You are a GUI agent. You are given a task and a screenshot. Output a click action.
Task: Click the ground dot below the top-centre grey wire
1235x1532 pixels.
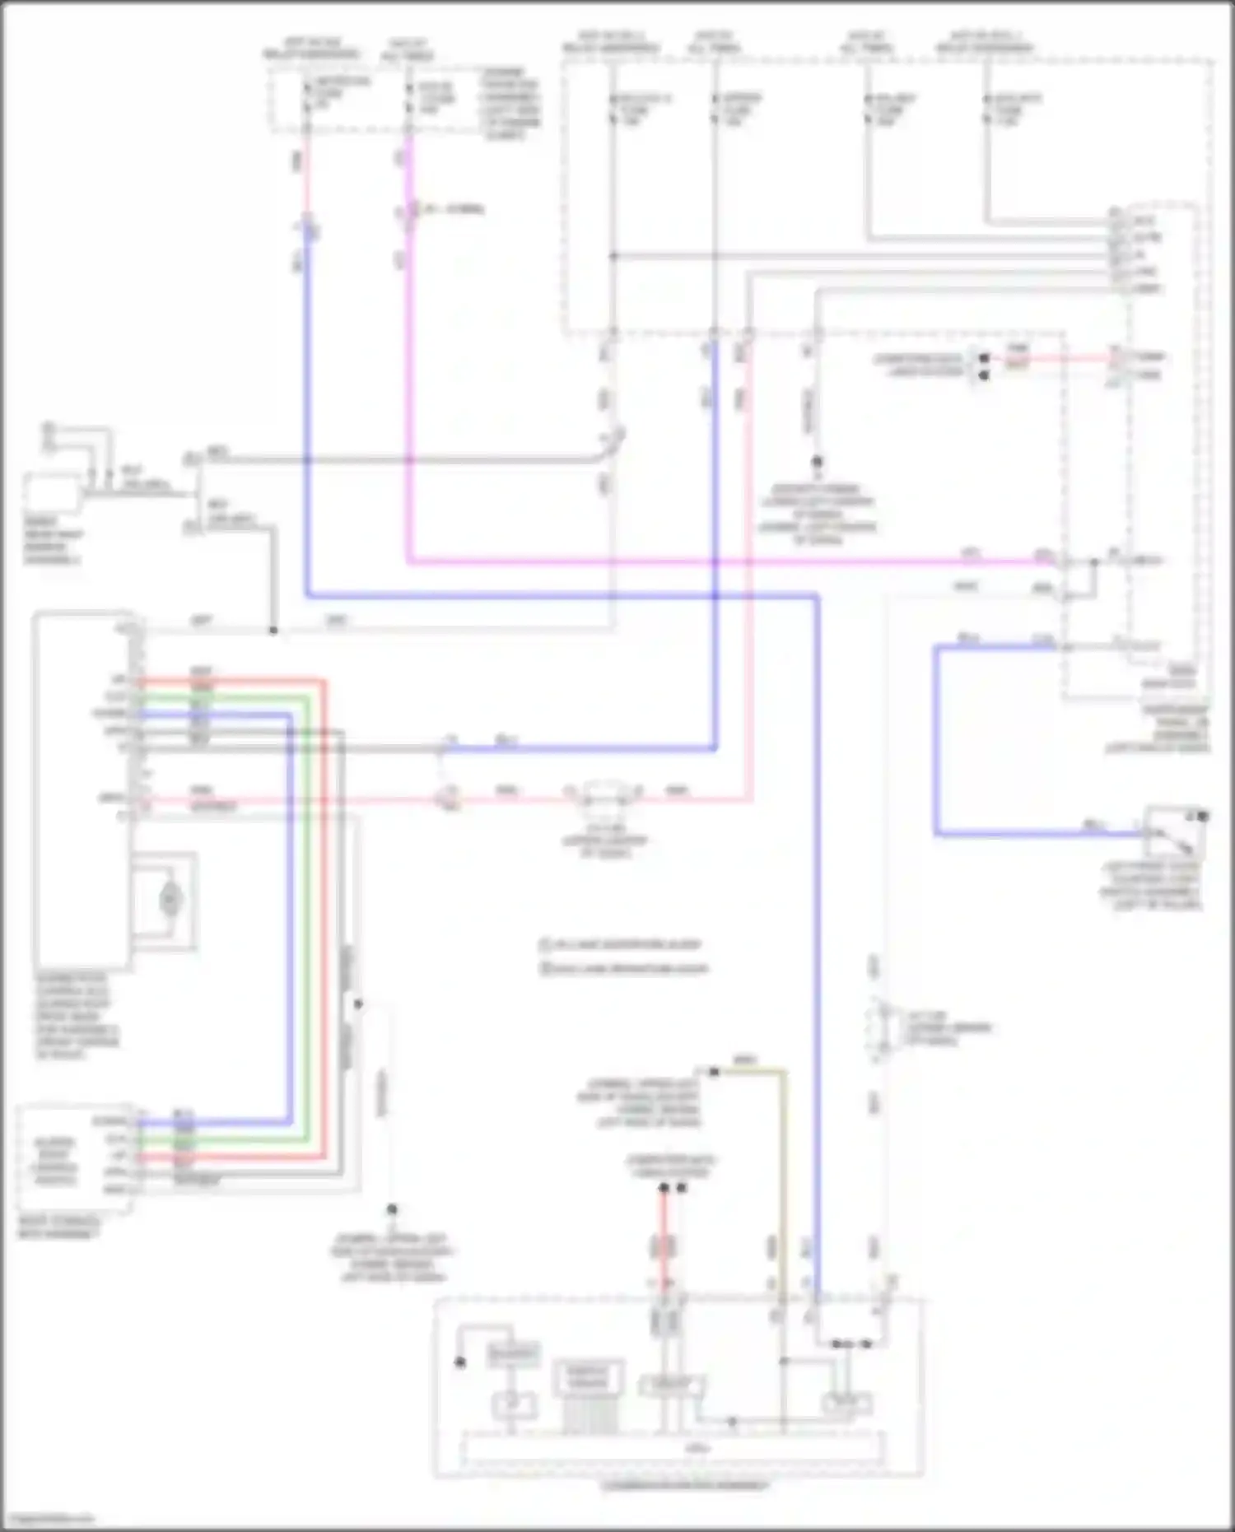click(817, 463)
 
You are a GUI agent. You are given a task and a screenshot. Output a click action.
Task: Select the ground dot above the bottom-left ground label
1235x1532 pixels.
click(392, 1209)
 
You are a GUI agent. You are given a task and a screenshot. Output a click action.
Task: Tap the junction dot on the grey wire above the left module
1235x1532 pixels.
click(273, 631)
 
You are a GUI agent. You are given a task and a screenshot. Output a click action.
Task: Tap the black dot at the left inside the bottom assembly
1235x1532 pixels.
click(460, 1362)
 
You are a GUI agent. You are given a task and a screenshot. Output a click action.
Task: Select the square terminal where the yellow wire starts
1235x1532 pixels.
click(714, 1072)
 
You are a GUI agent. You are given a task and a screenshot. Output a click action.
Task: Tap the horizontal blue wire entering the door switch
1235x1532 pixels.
click(1037, 834)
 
